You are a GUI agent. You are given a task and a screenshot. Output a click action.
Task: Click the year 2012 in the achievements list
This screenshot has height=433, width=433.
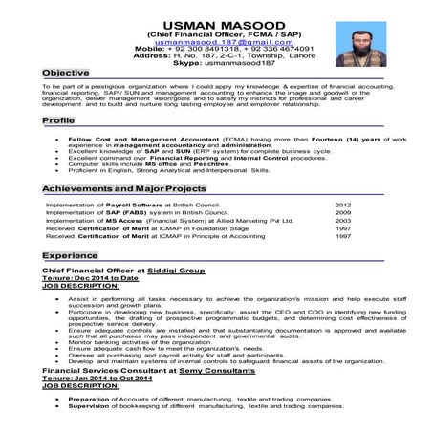click(343, 205)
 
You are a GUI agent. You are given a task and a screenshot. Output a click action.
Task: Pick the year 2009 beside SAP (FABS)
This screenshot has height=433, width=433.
click(343, 213)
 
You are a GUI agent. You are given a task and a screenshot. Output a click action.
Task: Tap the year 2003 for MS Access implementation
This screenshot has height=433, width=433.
click(343, 222)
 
